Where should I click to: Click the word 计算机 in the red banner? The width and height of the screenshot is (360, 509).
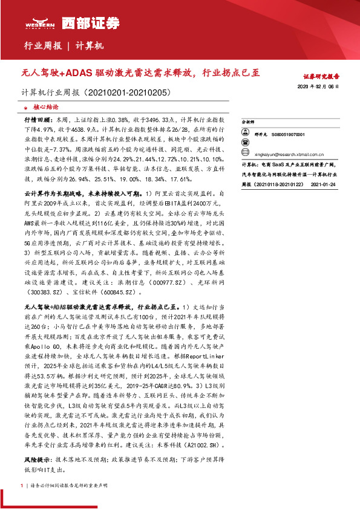click(91, 46)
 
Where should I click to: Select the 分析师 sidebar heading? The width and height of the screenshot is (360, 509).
click(248, 122)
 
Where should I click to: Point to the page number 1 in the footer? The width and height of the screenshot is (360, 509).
click(22, 485)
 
